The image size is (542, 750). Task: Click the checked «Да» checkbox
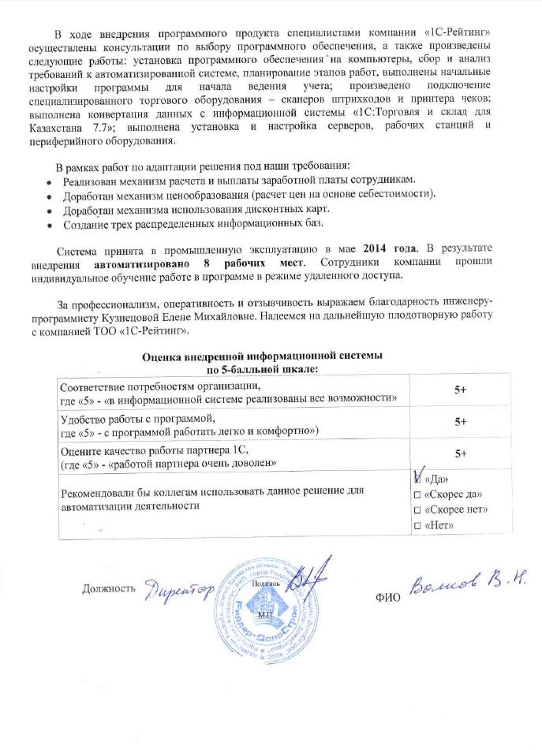click(x=418, y=478)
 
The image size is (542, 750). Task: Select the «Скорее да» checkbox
click(x=417, y=494)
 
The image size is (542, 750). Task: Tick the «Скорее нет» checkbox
click(x=417, y=510)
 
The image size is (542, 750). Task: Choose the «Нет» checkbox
click(x=417, y=526)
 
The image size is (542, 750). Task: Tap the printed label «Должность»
click(x=109, y=588)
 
